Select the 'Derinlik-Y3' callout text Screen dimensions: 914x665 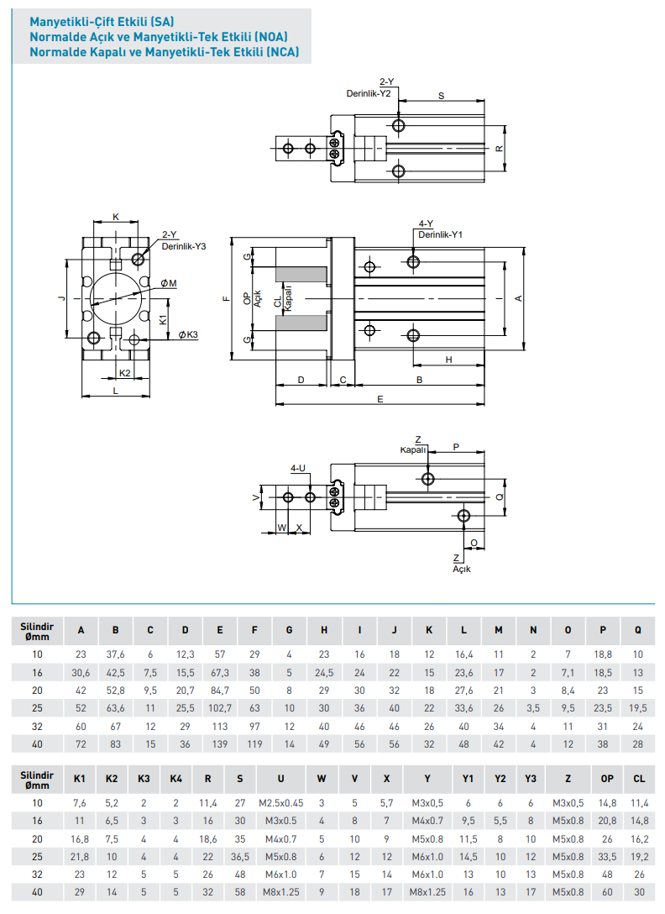point(184,246)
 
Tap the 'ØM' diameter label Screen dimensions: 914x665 point(168,283)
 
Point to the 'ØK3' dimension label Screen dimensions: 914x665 point(188,335)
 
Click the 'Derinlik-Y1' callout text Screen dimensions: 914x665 point(440,234)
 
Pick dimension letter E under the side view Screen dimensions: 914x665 point(380,400)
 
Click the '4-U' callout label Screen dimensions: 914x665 point(298,468)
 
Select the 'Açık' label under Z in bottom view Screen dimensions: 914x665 point(462,569)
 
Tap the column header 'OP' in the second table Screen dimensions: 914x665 point(607,779)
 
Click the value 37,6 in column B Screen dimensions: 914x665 point(116,654)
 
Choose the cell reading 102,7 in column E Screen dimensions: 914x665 point(220,708)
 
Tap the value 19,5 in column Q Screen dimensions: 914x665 point(638,708)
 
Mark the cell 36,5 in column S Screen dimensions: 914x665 point(240,857)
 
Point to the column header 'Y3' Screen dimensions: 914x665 point(530,779)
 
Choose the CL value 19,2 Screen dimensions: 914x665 point(639,857)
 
